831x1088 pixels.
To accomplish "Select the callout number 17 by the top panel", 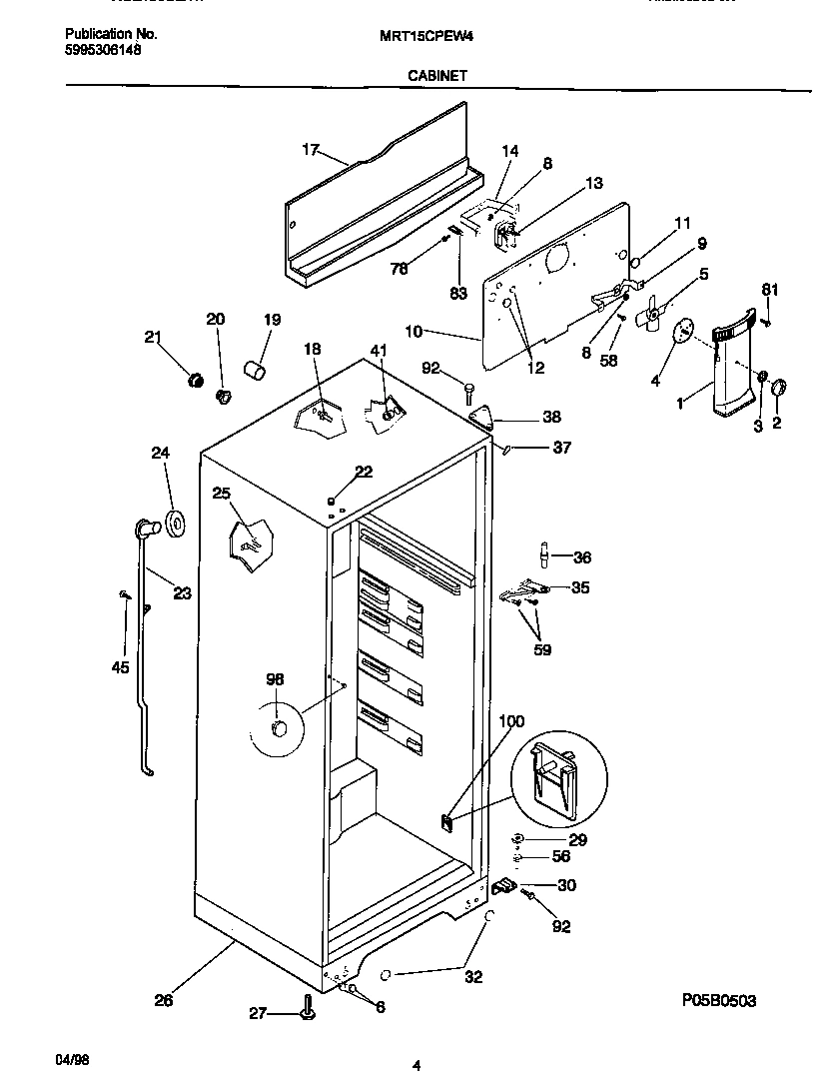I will point(310,150).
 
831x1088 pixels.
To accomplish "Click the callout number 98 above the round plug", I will point(275,679).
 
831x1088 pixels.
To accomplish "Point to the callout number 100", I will point(510,721).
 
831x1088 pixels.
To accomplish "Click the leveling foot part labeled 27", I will point(306,1012).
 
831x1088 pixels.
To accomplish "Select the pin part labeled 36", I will point(544,553).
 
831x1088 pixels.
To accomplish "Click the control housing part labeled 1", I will point(726,370).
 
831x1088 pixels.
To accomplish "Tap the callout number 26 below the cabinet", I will point(163,999).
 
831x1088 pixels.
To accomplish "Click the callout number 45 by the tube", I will point(121,667).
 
